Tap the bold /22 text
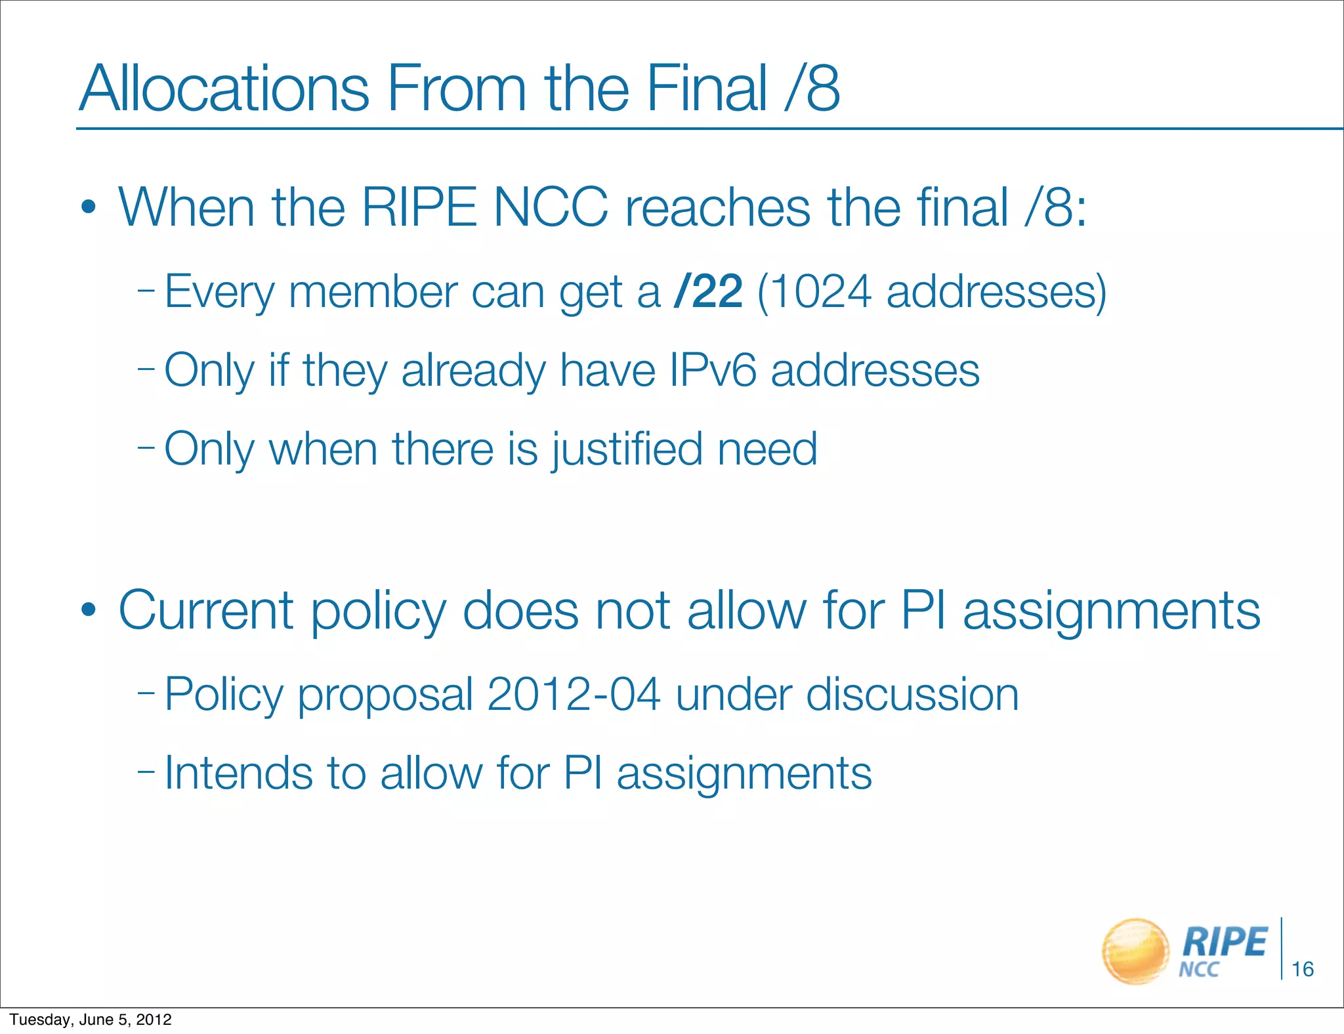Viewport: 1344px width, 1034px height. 708,291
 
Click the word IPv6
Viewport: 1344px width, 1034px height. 713,371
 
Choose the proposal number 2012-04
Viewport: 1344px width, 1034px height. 574,694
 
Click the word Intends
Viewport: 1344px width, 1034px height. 238,773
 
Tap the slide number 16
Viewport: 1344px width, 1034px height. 1302,969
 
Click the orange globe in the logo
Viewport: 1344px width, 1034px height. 1135,951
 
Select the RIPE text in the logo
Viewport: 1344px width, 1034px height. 1224,942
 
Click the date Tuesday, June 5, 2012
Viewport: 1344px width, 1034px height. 91,1020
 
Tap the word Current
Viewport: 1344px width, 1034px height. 205,610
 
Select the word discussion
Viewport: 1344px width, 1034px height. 912,694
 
